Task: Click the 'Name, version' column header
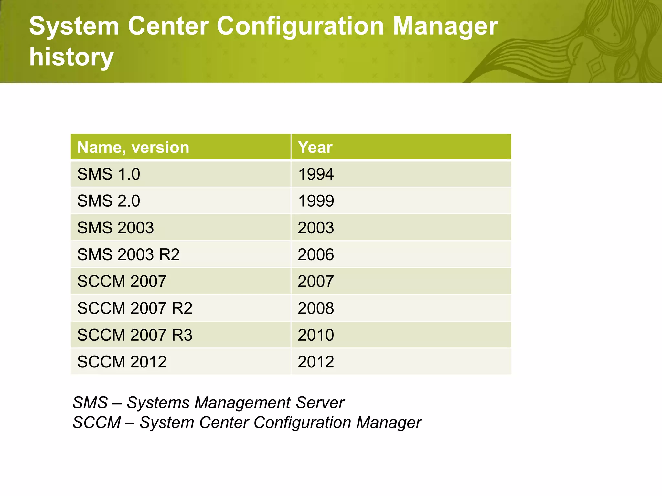tap(133, 147)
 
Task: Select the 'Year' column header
tap(315, 147)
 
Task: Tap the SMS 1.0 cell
tap(109, 174)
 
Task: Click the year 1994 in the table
tap(316, 174)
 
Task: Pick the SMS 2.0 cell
tap(109, 201)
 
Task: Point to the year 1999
tap(316, 201)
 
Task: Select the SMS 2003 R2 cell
tap(128, 254)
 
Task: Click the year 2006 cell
tap(316, 254)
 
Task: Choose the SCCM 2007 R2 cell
tap(135, 308)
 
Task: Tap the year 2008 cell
tap(316, 308)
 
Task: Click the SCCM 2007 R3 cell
tap(135, 335)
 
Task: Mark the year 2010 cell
tap(316, 335)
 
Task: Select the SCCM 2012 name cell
tap(122, 362)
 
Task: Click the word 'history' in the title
tap(71, 57)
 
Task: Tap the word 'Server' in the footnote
tap(320, 403)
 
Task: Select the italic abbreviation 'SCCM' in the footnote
tap(97, 422)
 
